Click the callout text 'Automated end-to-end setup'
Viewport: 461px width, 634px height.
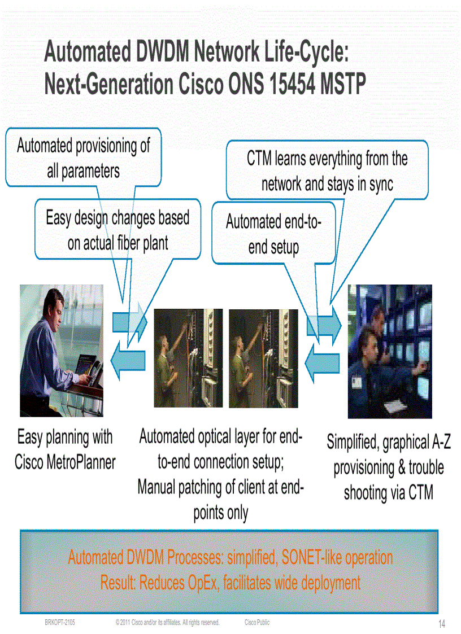click(x=273, y=234)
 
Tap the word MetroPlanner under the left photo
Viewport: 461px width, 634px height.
click(x=83, y=462)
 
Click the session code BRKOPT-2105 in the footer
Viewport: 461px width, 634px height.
click(x=60, y=622)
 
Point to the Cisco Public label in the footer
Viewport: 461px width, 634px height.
click(x=257, y=622)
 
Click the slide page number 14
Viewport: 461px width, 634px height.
click(x=442, y=624)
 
